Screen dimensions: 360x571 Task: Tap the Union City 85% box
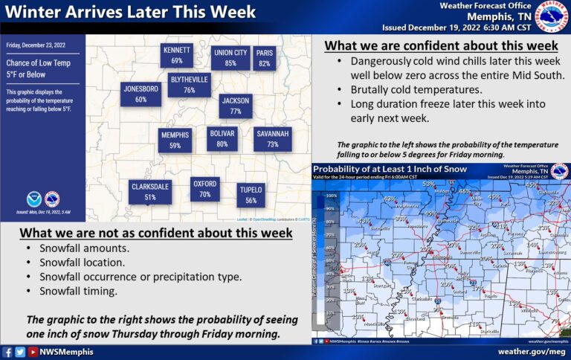point(230,58)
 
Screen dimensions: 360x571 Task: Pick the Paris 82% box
point(265,58)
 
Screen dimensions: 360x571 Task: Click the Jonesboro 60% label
point(141,94)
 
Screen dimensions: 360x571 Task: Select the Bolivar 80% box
point(222,138)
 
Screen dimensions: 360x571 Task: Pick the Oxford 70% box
point(204,189)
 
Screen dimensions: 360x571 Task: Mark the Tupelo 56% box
point(251,195)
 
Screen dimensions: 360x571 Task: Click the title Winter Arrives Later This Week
point(131,13)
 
